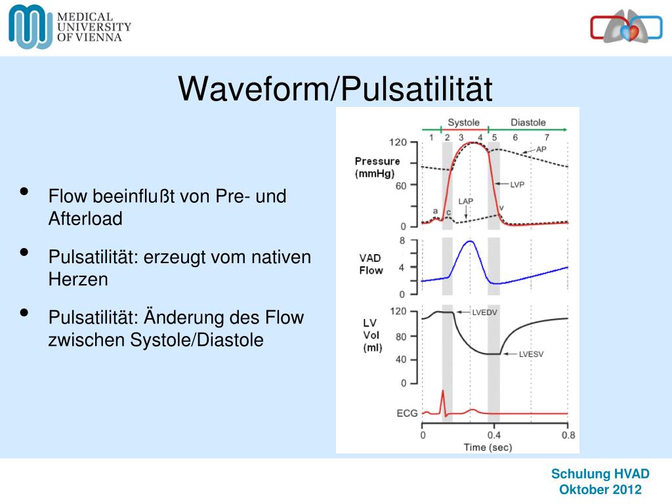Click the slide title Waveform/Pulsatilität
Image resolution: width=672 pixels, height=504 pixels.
335,89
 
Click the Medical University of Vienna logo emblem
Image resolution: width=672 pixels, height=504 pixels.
30,26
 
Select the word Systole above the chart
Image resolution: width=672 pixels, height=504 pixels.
463,123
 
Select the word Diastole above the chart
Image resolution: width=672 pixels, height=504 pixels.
528,123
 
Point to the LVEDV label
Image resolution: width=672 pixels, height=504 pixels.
485,313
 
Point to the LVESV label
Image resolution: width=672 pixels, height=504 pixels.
532,354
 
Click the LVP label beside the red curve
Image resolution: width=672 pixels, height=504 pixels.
517,184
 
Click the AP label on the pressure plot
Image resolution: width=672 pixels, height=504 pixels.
541,150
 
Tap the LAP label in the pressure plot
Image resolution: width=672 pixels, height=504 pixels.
466,201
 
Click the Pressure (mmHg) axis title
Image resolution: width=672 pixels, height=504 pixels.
377,167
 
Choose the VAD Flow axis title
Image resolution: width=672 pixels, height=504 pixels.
371,264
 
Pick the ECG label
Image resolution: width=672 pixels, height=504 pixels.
407,413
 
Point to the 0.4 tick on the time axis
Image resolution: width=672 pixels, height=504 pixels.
494,434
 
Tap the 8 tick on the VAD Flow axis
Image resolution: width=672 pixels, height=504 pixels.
402,241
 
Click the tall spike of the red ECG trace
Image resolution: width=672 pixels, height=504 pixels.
443,392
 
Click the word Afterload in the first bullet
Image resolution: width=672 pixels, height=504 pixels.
85,219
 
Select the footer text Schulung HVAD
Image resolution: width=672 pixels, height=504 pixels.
600,474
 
